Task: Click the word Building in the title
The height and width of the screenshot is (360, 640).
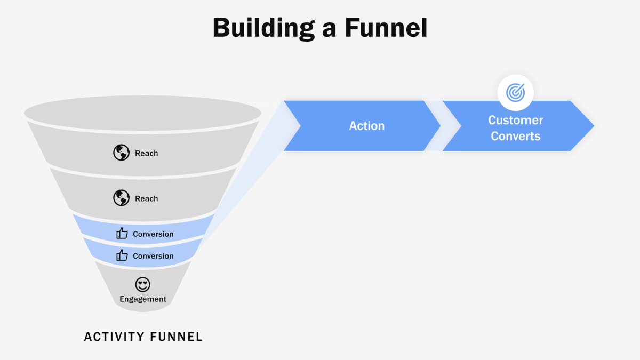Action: (270, 28)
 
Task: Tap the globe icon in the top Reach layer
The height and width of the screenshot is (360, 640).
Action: (121, 153)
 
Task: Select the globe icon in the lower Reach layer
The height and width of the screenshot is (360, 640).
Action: (121, 198)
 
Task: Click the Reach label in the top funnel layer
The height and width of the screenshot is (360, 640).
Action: (146, 154)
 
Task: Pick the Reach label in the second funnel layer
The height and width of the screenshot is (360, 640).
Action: (146, 199)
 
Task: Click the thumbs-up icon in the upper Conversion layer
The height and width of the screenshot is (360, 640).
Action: (122, 234)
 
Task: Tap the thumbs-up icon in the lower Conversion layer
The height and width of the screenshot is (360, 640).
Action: (122, 255)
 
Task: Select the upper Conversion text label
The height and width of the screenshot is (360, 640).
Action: (153, 234)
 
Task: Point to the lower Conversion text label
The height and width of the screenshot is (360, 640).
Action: (153, 256)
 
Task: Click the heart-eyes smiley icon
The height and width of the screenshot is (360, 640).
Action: (142, 284)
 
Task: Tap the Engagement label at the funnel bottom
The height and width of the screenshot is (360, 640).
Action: (142, 299)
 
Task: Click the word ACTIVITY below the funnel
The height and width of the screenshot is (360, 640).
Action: (114, 337)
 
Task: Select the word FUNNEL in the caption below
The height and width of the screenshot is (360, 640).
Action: (176, 337)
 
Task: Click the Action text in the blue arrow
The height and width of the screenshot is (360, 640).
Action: (366, 126)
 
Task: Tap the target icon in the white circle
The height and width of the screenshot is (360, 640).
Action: (515, 92)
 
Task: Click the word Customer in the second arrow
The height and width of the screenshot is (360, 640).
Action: (515, 120)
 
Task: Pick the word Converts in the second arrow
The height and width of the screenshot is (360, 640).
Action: (515, 137)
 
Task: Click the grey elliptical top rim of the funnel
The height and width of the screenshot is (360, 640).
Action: (142, 113)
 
